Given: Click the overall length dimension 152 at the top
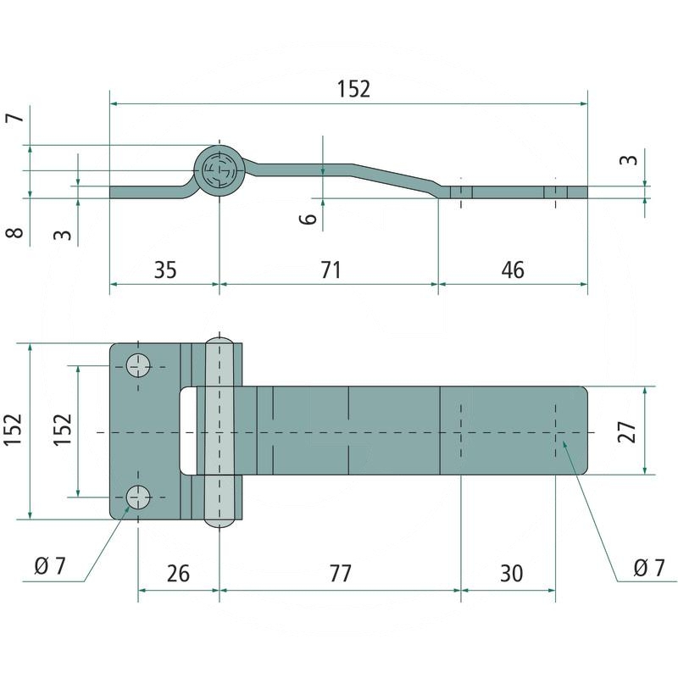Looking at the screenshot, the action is (x=353, y=89).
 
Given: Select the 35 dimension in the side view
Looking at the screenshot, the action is (x=165, y=270).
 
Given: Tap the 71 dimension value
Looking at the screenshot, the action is (x=331, y=270).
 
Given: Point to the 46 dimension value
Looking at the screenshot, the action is (x=513, y=270).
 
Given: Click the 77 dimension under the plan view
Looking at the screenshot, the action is (x=341, y=574).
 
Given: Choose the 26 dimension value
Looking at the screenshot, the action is (x=178, y=574).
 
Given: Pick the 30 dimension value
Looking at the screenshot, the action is (x=512, y=574).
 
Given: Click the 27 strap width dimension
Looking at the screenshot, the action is (x=627, y=431).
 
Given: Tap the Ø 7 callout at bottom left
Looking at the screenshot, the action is (x=50, y=566).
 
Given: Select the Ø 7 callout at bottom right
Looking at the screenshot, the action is (x=648, y=568).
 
